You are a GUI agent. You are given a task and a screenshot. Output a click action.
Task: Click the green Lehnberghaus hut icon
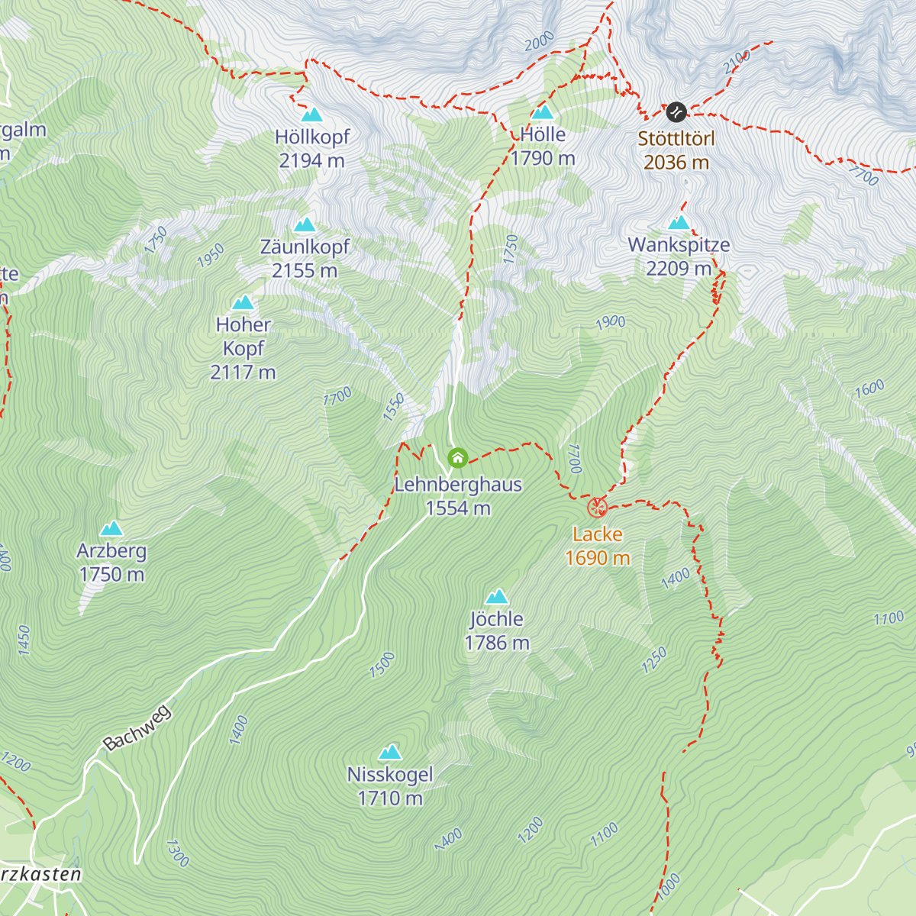tap(457, 458)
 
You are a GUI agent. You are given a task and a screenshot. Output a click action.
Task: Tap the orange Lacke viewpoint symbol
tap(597, 508)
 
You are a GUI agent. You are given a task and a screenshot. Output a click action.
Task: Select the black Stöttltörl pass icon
tap(676, 112)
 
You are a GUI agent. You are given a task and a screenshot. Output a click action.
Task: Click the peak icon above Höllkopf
tap(311, 115)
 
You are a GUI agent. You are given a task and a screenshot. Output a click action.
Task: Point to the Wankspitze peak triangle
tap(679, 223)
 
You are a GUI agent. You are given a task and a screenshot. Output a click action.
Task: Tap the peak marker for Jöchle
tap(497, 596)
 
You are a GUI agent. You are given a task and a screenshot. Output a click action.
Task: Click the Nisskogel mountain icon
tap(390, 752)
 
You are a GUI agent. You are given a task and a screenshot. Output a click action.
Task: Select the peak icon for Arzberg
tap(111, 528)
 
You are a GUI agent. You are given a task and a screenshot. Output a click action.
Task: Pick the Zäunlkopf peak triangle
tap(305, 224)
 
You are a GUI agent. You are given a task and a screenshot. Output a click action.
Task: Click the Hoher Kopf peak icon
tap(244, 302)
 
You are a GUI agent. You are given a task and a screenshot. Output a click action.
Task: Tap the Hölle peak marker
tap(543, 113)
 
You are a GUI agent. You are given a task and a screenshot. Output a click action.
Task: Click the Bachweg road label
tap(137, 728)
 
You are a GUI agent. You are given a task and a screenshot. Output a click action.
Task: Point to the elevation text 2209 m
tap(679, 269)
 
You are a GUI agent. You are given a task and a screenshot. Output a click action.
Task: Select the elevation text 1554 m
tap(458, 508)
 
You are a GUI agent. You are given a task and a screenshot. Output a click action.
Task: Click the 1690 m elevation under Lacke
tap(598, 558)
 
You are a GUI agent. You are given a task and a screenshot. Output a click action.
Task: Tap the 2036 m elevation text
tap(676, 163)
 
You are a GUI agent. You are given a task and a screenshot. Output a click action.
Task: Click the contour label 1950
tap(211, 256)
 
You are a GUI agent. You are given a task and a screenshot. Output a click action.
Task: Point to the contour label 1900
tap(611, 322)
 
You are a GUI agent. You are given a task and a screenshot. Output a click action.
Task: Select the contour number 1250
tap(654, 660)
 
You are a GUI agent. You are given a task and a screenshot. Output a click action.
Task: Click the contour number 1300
tap(177, 853)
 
